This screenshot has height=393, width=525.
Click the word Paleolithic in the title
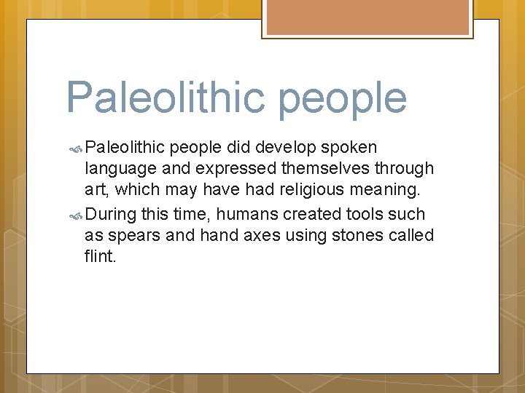[167, 98]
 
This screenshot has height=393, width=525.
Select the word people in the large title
[342, 100]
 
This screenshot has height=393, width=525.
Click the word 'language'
[118, 170]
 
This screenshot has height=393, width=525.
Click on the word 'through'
[404, 169]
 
